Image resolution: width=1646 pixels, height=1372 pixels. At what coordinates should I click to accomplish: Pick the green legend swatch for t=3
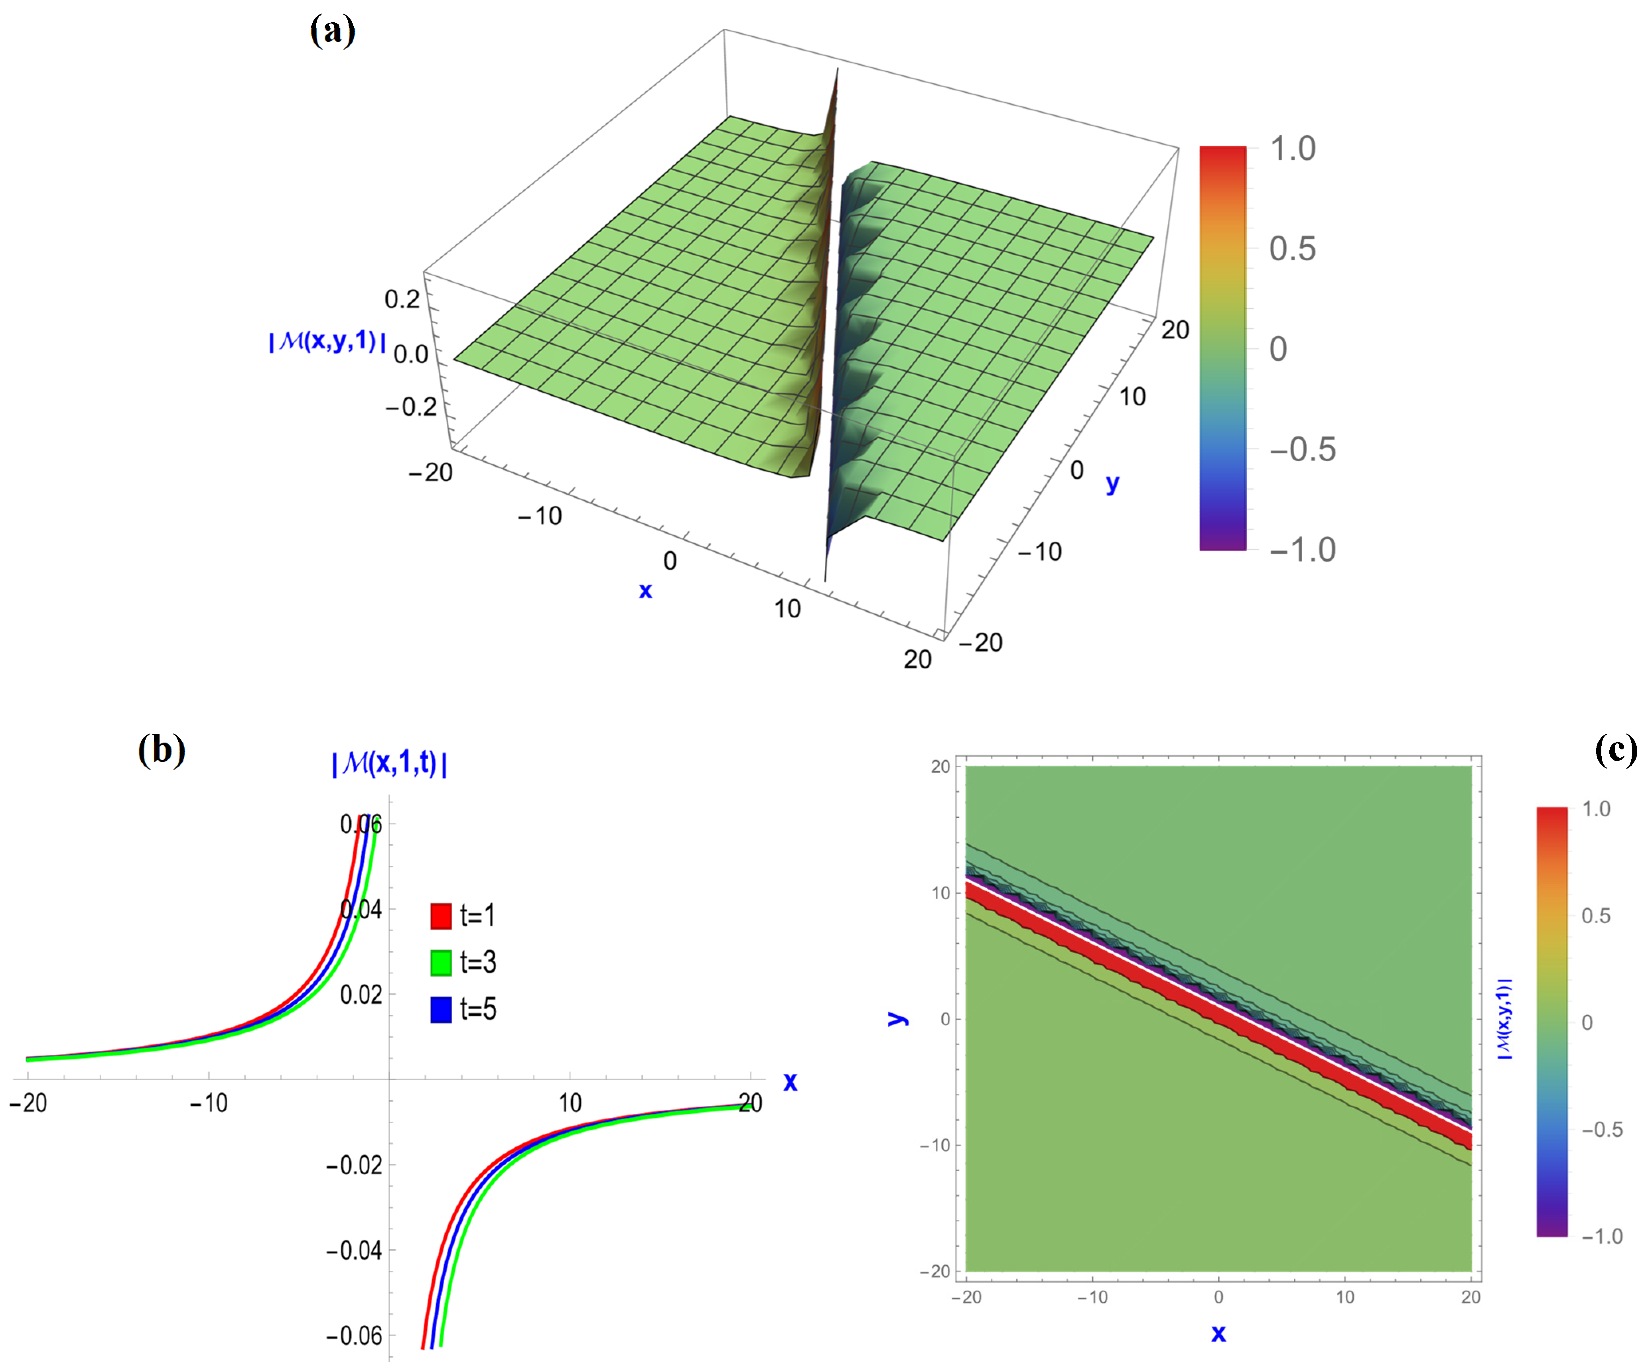pyautogui.click(x=440, y=962)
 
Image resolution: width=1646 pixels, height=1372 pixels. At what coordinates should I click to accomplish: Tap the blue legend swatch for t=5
pyautogui.click(x=440, y=1009)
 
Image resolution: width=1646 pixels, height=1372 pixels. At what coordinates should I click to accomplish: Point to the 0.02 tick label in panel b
pyautogui.click(x=361, y=995)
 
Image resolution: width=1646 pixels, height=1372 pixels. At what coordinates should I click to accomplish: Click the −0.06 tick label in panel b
pyautogui.click(x=354, y=1336)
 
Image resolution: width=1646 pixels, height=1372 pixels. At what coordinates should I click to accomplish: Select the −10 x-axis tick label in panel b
pyautogui.click(x=209, y=1103)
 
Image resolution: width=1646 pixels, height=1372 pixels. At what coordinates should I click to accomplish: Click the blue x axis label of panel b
pyautogui.click(x=790, y=1083)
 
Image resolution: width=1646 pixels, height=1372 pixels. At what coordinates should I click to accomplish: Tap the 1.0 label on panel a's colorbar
pyautogui.click(x=1293, y=149)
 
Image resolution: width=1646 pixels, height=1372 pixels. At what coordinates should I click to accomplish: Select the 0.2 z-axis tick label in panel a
pyautogui.click(x=402, y=299)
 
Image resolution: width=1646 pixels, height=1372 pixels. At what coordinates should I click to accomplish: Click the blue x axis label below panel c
pyautogui.click(x=1218, y=1334)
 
